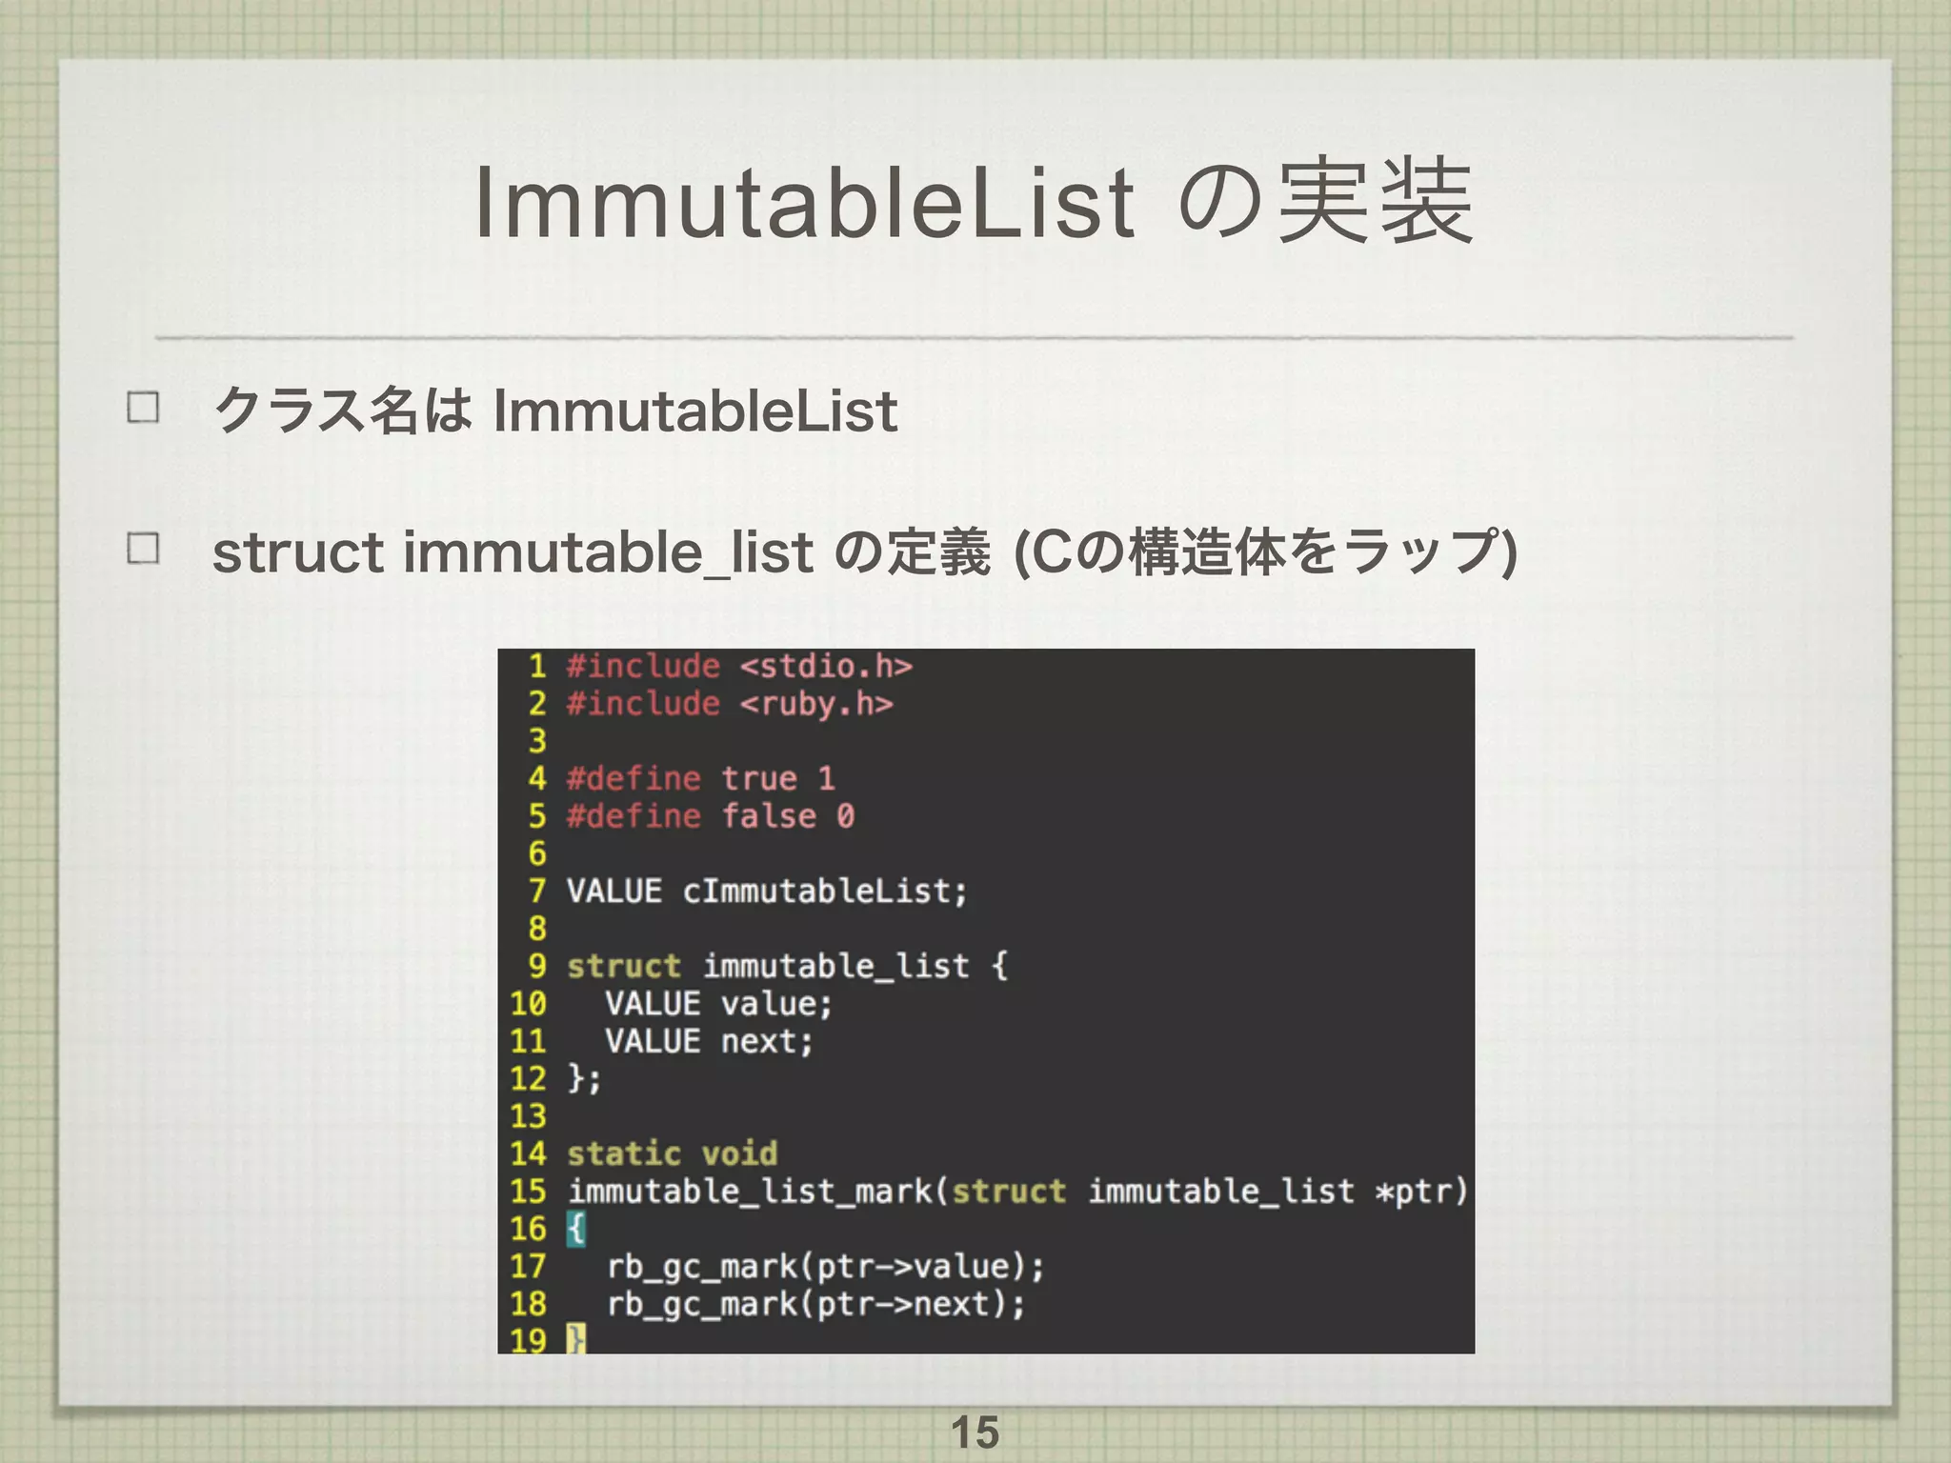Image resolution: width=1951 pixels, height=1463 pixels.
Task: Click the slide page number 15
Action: tap(975, 1433)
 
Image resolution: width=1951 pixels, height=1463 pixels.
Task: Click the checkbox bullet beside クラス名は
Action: tap(143, 408)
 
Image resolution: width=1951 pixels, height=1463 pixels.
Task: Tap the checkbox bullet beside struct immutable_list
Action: tap(143, 549)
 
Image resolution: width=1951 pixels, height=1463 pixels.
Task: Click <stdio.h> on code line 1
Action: tap(826, 666)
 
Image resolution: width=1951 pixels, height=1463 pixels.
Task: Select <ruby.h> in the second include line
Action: tap(816, 704)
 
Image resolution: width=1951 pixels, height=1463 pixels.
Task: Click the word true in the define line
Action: tap(758, 779)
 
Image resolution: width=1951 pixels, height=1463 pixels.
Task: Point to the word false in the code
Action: tap(768, 816)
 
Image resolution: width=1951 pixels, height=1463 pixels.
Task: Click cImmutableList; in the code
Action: tap(825, 892)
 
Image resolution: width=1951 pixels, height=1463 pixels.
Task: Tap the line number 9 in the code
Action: tap(537, 966)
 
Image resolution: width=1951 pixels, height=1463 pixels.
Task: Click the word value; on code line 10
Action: tap(775, 1004)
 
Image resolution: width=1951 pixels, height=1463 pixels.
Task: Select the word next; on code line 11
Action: tap(766, 1041)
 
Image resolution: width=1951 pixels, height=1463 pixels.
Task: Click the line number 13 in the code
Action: tap(528, 1115)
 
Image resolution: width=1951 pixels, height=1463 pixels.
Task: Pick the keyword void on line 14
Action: tap(739, 1153)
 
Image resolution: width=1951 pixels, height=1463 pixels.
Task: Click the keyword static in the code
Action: tap(624, 1153)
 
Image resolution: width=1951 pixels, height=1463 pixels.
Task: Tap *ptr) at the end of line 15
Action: tap(1420, 1192)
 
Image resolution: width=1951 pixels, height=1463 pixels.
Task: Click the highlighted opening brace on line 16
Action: tap(575, 1229)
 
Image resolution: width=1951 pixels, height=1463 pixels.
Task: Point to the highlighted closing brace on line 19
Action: tap(575, 1340)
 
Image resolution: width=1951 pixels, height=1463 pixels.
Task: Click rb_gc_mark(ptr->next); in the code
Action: tap(816, 1304)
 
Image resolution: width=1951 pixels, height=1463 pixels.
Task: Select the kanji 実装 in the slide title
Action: tap(1375, 202)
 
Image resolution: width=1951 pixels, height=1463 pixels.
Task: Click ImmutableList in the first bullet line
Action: tap(695, 411)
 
